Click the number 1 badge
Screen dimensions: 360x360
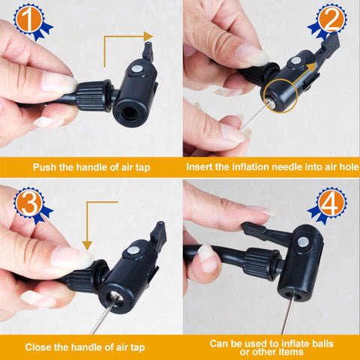point(31,21)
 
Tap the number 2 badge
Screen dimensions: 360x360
point(328,21)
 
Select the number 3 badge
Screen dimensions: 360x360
point(31,205)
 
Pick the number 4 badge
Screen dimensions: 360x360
point(328,205)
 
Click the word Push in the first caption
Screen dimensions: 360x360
point(45,167)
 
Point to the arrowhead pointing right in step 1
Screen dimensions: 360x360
point(148,37)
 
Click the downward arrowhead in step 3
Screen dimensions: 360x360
point(87,245)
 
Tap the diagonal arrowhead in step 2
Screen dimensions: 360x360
point(312,67)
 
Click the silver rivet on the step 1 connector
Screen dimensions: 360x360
point(137,69)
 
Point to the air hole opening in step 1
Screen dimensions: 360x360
point(130,114)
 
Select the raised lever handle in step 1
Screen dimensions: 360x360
point(148,51)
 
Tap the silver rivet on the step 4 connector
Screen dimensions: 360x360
point(303,242)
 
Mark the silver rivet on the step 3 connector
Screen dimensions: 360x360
point(133,250)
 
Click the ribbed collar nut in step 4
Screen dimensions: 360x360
point(261,264)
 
